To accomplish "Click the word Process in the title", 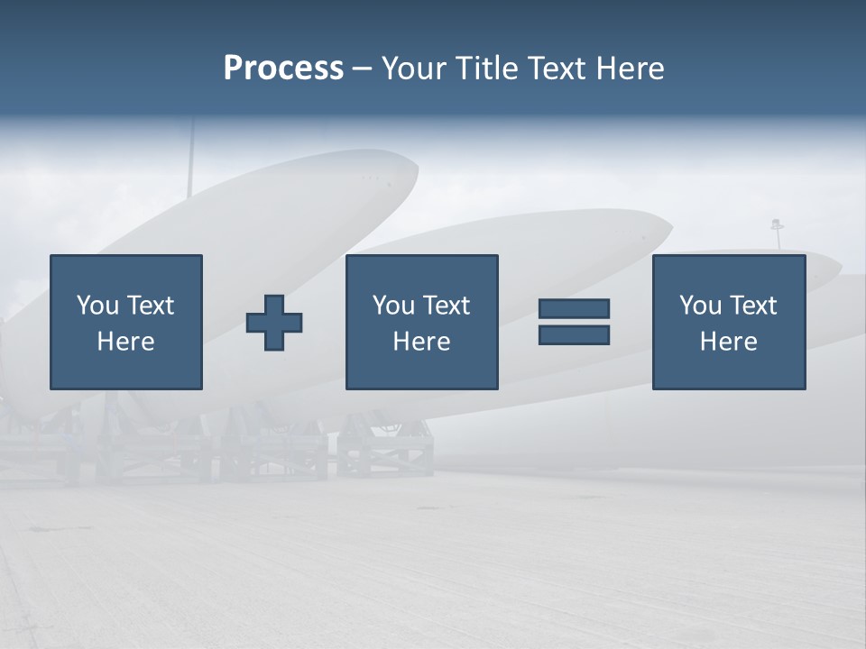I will tap(283, 69).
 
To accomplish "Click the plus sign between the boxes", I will tap(274, 323).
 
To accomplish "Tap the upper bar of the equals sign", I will tap(574, 308).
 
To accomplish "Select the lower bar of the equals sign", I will tap(574, 334).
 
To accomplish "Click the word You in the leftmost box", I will tap(97, 306).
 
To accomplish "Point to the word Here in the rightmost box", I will tap(728, 342).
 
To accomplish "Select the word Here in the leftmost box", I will tap(125, 342).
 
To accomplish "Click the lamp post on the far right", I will tap(776, 233).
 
